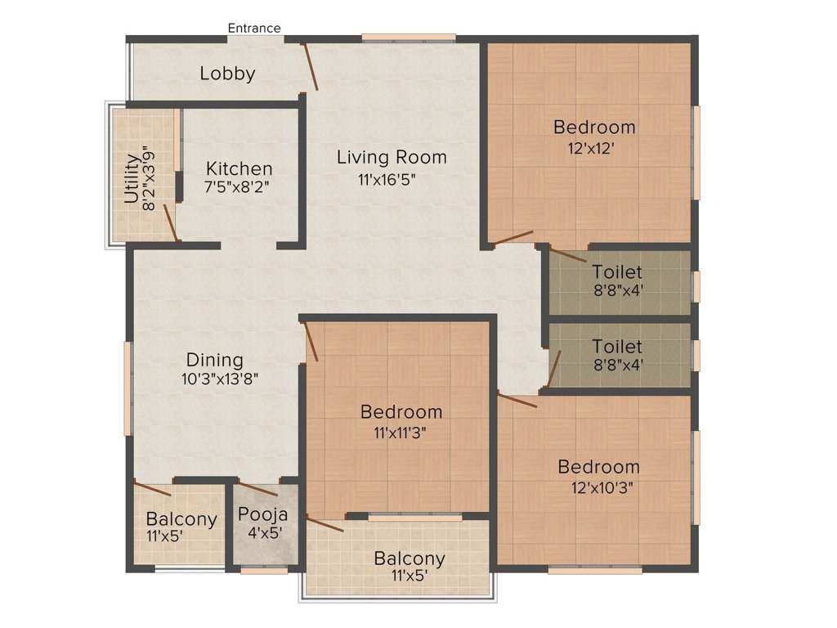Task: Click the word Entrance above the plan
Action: coord(254,28)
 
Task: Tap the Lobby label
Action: coord(228,74)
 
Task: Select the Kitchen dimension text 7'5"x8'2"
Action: coord(237,187)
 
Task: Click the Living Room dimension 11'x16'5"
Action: coord(387,179)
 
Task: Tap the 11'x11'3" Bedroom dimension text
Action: coord(401,432)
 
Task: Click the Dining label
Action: coord(215,361)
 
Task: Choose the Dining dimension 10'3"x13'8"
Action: coord(220,379)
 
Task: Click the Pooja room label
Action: coord(262,515)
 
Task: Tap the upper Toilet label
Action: coord(617,272)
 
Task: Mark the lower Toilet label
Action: coord(617,347)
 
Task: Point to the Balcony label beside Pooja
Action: coord(181,519)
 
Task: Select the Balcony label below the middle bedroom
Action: coord(410,558)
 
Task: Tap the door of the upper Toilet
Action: coord(567,255)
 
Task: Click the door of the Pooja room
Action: coord(257,489)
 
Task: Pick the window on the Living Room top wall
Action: coord(409,38)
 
